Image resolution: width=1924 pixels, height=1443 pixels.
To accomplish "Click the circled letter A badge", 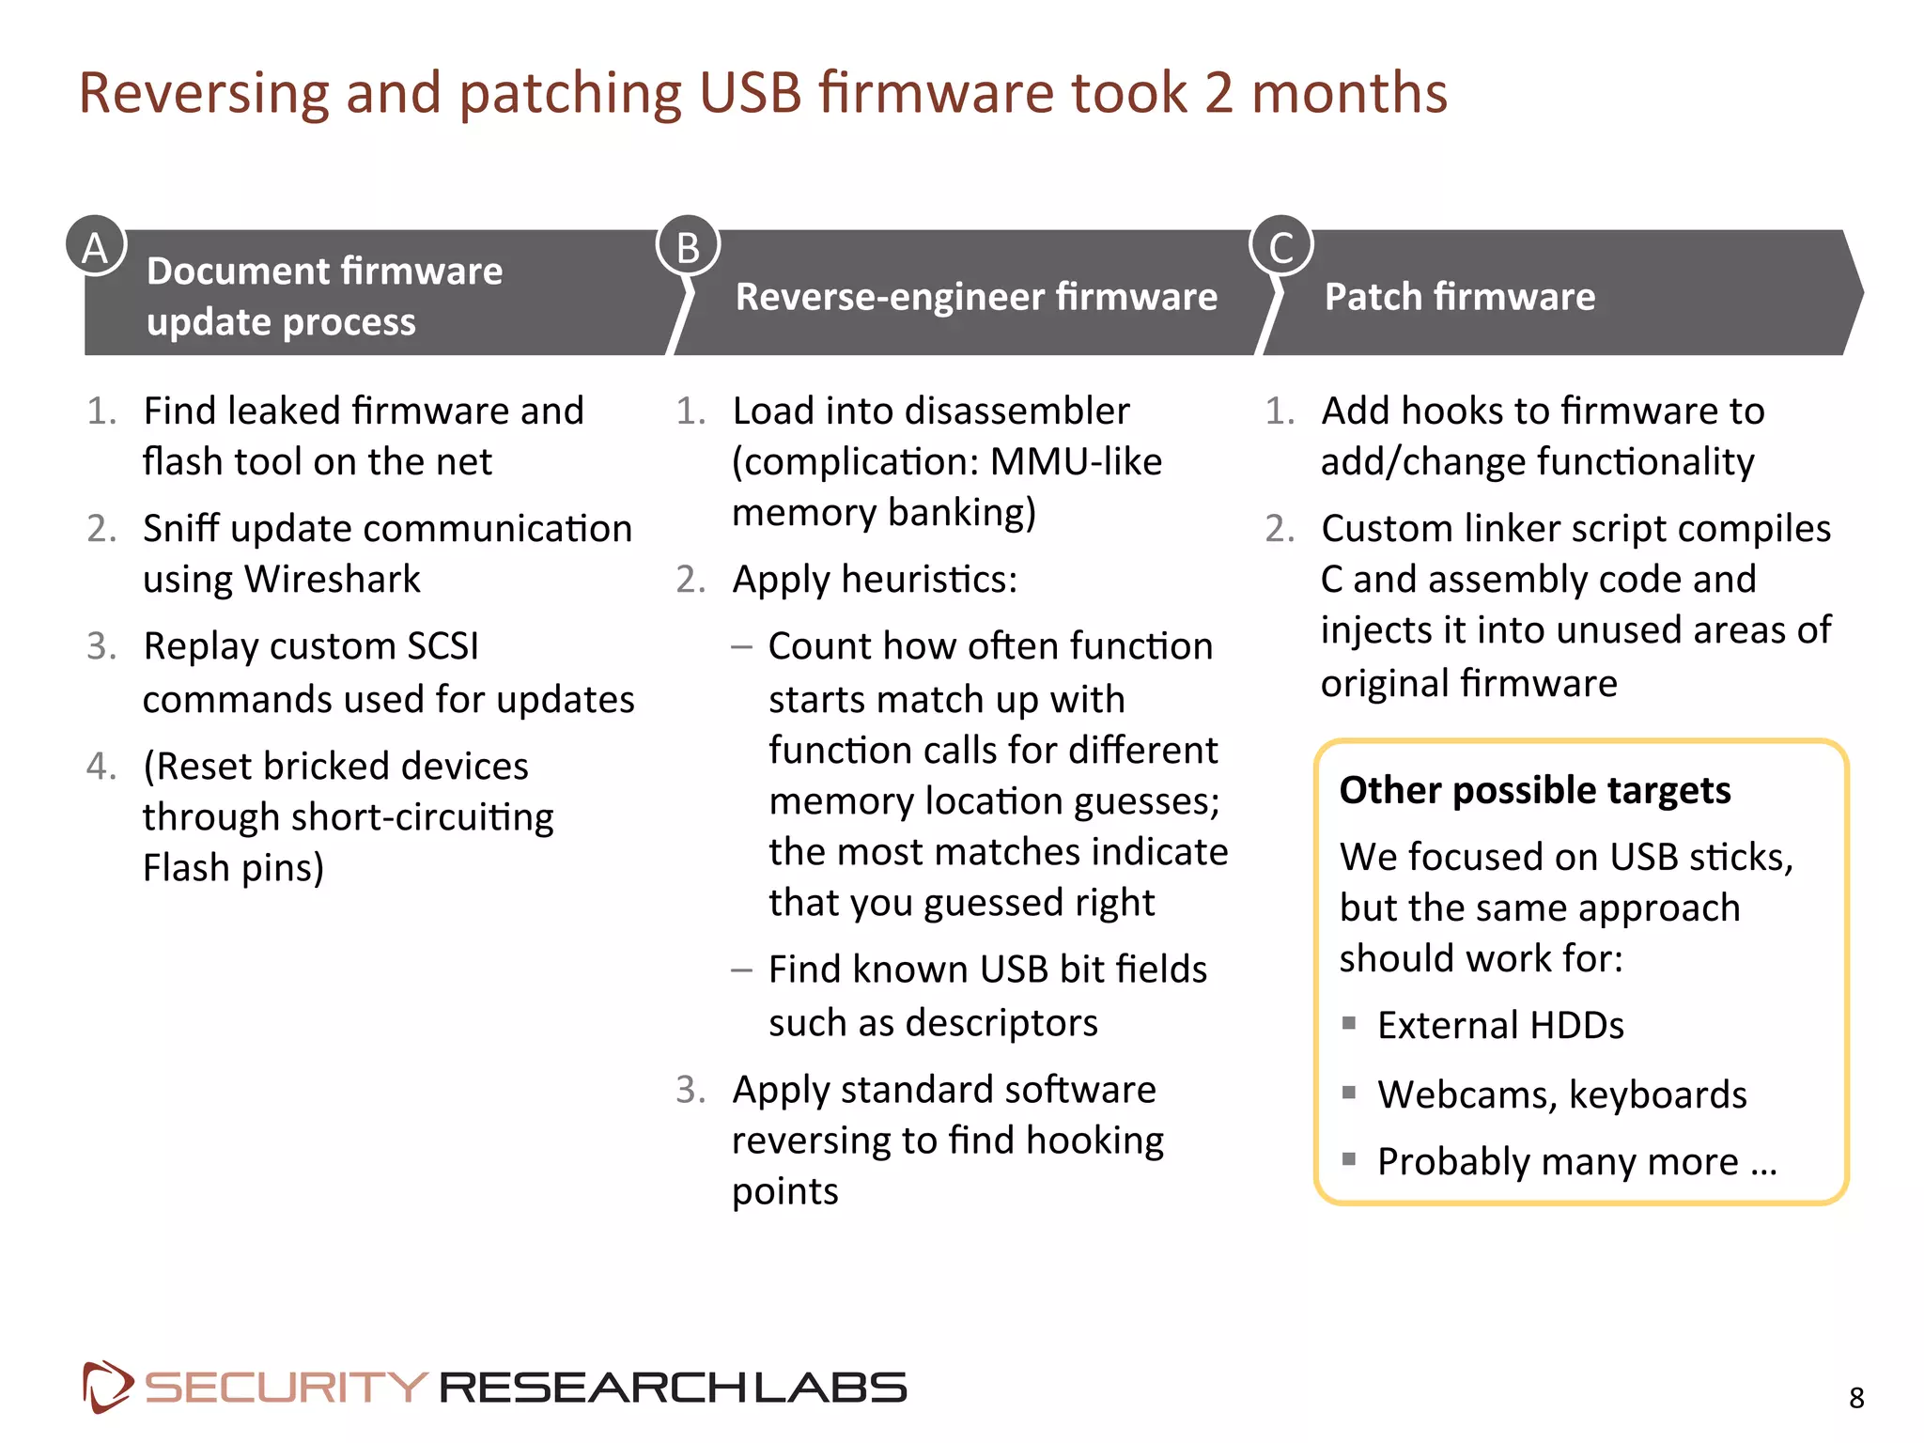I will (x=96, y=246).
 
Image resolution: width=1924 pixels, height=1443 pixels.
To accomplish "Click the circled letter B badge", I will (x=689, y=246).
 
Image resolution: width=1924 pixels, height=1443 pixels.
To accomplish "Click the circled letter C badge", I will (x=1280, y=246).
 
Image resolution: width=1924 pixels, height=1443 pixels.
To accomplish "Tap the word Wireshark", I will (x=333, y=580).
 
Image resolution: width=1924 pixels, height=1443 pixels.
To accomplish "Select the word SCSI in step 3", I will (x=442, y=646).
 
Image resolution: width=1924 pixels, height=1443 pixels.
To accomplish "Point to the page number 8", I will (x=1856, y=1398).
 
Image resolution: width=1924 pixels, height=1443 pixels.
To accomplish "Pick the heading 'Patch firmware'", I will (x=1459, y=297).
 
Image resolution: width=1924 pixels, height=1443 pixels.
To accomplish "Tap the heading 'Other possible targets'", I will (x=1534, y=790).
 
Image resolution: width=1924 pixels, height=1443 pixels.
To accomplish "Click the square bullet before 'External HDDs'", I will (x=1349, y=1023).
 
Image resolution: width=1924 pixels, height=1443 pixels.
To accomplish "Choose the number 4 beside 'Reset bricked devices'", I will (x=100, y=767).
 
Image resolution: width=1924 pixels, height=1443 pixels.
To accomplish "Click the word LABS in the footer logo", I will (x=830, y=1388).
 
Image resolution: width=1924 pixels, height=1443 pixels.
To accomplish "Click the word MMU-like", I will (x=1076, y=462).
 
